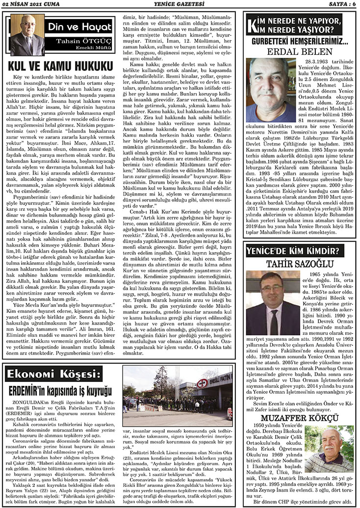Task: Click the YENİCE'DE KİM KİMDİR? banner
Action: (x=296, y=253)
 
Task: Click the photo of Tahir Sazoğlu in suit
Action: (x=273, y=303)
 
